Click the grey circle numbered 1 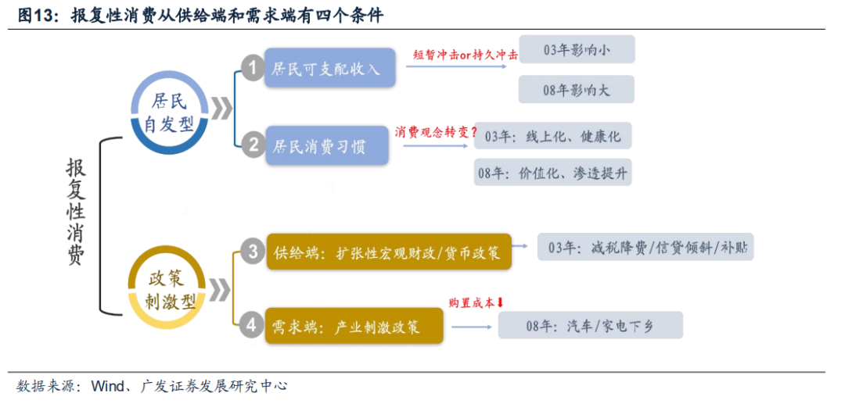pyautogui.click(x=252, y=68)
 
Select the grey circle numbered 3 pyautogui.click(x=253, y=251)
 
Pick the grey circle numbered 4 pyautogui.click(x=252, y=323)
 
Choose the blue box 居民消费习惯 pyautogui.click(x=326, y=145)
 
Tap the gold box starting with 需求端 pyautogui.click(x=354, y=325)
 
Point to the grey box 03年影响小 pyautogui.click(x=577, y=50)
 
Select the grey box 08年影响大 pyautogui.click(x=577, y=90)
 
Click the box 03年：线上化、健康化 pyautogui.click(x=552, y=136)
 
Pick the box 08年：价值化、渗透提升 pyautogui.click(x=552, y=173)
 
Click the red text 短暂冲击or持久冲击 pyautogui.click(x=465, y=55)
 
